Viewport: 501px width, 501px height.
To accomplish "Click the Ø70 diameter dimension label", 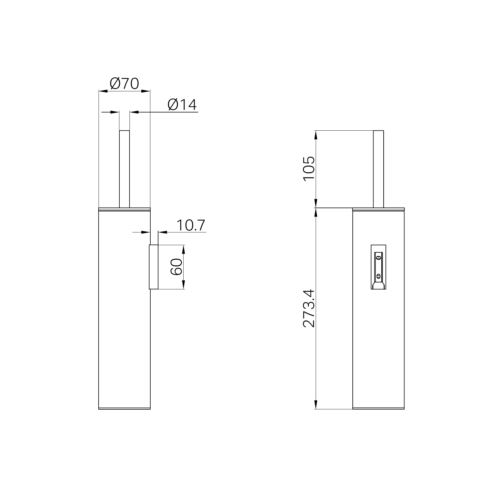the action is point(125,84).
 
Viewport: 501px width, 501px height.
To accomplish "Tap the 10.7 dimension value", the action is point(191,225).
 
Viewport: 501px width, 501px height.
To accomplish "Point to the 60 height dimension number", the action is point(176,267).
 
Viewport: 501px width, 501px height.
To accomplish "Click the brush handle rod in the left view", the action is point(124,169).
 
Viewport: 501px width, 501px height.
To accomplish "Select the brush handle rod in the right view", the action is point(378,169).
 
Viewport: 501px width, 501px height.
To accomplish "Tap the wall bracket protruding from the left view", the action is point(154,267).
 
